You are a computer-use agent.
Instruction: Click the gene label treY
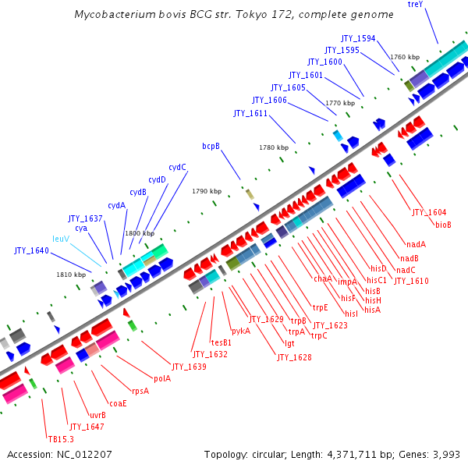tap(415, 5)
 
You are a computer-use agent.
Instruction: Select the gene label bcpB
tap(211, 146)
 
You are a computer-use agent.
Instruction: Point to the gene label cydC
tap(177, 167)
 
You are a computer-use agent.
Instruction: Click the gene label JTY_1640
tap(31, 250)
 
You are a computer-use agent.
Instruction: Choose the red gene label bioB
tap(443, 225)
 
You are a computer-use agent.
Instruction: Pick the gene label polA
tap(162, 378)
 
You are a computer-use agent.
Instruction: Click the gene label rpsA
tap(140, 391)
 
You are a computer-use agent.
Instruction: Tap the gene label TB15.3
tap(60, 439)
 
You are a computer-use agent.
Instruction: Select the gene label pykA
tap(241, 331)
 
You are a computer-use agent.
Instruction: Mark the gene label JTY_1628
tap(294, 357)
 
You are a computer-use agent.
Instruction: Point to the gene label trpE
tap(321, 307)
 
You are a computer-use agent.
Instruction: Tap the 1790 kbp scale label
tap(207, 191)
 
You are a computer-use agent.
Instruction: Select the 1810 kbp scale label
tap(70, 275)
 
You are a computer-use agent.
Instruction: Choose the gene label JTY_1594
tap(358, 38)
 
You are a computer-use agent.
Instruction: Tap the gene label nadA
tap(416, 244)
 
